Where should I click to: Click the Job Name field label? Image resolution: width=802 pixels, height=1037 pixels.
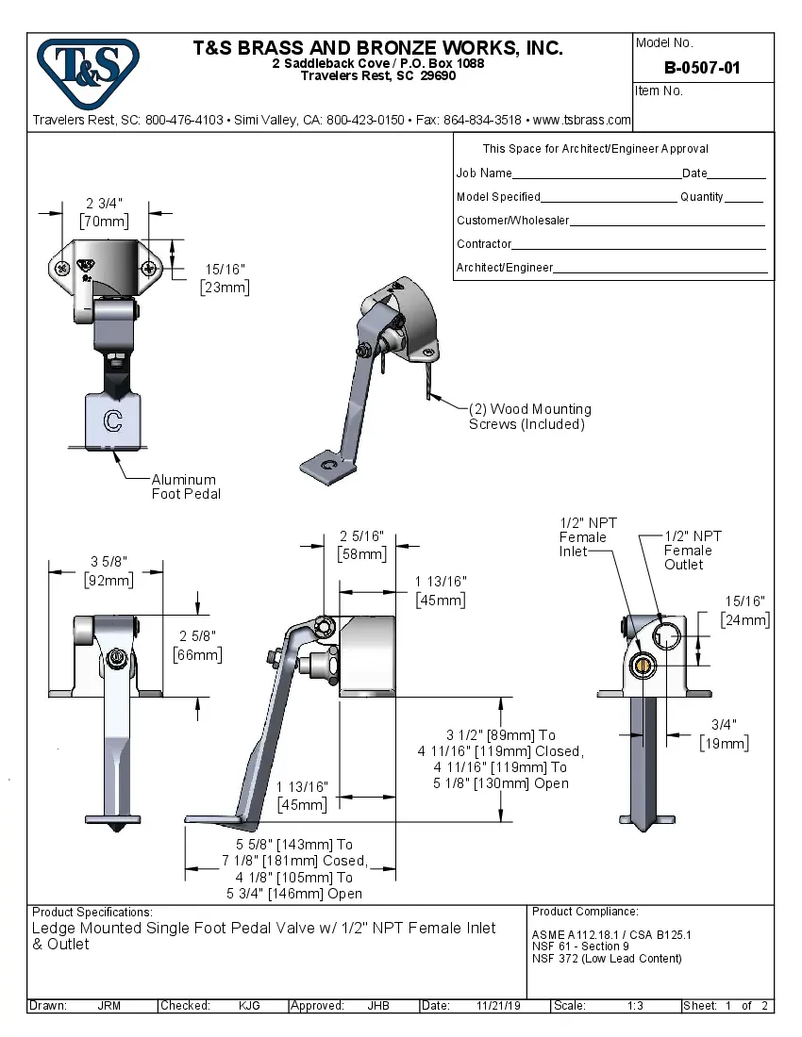pos(484,173)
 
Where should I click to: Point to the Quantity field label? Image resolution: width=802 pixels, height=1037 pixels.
pos(702,197)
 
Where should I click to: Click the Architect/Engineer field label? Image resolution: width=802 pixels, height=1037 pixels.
pos(505,268)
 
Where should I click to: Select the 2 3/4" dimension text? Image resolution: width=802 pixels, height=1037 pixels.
pos(104,204)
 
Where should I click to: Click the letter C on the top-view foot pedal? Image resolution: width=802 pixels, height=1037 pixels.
pos(112,420)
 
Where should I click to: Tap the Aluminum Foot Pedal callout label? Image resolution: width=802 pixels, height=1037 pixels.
pos(184,486)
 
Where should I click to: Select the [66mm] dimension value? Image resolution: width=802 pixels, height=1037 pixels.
pos(198,654)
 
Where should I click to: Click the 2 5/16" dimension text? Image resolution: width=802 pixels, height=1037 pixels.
pos(362,536)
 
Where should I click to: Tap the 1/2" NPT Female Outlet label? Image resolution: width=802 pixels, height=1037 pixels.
pos(693,550)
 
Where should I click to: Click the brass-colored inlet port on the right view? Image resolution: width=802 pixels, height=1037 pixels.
pos(643,667)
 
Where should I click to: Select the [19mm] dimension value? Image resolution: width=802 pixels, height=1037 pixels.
pos(724,744)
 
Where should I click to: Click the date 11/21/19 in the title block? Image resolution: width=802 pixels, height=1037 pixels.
pos(498,1006)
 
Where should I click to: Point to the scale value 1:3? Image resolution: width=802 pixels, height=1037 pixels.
pos(635,1006)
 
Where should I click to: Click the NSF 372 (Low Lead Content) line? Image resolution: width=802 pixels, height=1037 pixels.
pos(607,959)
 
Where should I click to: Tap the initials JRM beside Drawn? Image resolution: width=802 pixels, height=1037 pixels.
pos(109,1006)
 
